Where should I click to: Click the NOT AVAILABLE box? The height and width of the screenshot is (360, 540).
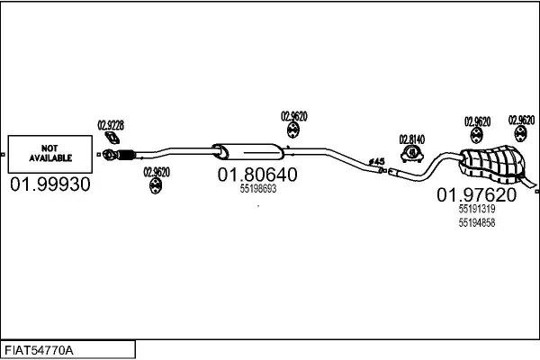click(50, 154)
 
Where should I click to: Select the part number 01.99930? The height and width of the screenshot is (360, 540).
click(50, 184)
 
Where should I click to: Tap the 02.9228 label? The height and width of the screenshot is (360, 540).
click(111, 125)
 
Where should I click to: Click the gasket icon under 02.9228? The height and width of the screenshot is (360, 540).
click(112, 138)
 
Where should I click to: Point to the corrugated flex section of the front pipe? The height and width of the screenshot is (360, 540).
click(126, 155)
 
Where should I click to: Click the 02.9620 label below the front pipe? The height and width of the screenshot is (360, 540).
click(157, 172)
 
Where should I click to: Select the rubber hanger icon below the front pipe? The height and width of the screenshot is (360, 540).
click(156, 185)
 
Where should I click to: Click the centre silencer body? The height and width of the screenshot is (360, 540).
click(248, 152)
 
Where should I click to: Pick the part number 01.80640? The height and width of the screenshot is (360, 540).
click(257, 175)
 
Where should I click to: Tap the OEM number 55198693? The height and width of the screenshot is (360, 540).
click(258, 189)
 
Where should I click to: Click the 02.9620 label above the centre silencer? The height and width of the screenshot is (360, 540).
click(294, 116)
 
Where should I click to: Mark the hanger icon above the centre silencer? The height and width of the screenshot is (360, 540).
click(293, 130)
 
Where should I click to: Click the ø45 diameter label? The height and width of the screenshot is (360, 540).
click(377, 161)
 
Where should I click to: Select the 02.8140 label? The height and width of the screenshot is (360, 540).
click(412, 139)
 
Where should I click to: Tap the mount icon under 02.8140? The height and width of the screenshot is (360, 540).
click(412, 154)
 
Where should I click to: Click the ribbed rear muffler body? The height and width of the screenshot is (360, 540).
click(493, 164)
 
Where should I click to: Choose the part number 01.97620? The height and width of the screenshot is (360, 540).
click(477, 195)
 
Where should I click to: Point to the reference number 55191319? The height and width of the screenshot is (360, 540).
click(477, 209)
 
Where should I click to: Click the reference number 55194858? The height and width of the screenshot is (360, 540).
click(477, 223)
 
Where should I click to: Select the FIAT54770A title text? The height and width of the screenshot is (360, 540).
click(39, 351)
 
